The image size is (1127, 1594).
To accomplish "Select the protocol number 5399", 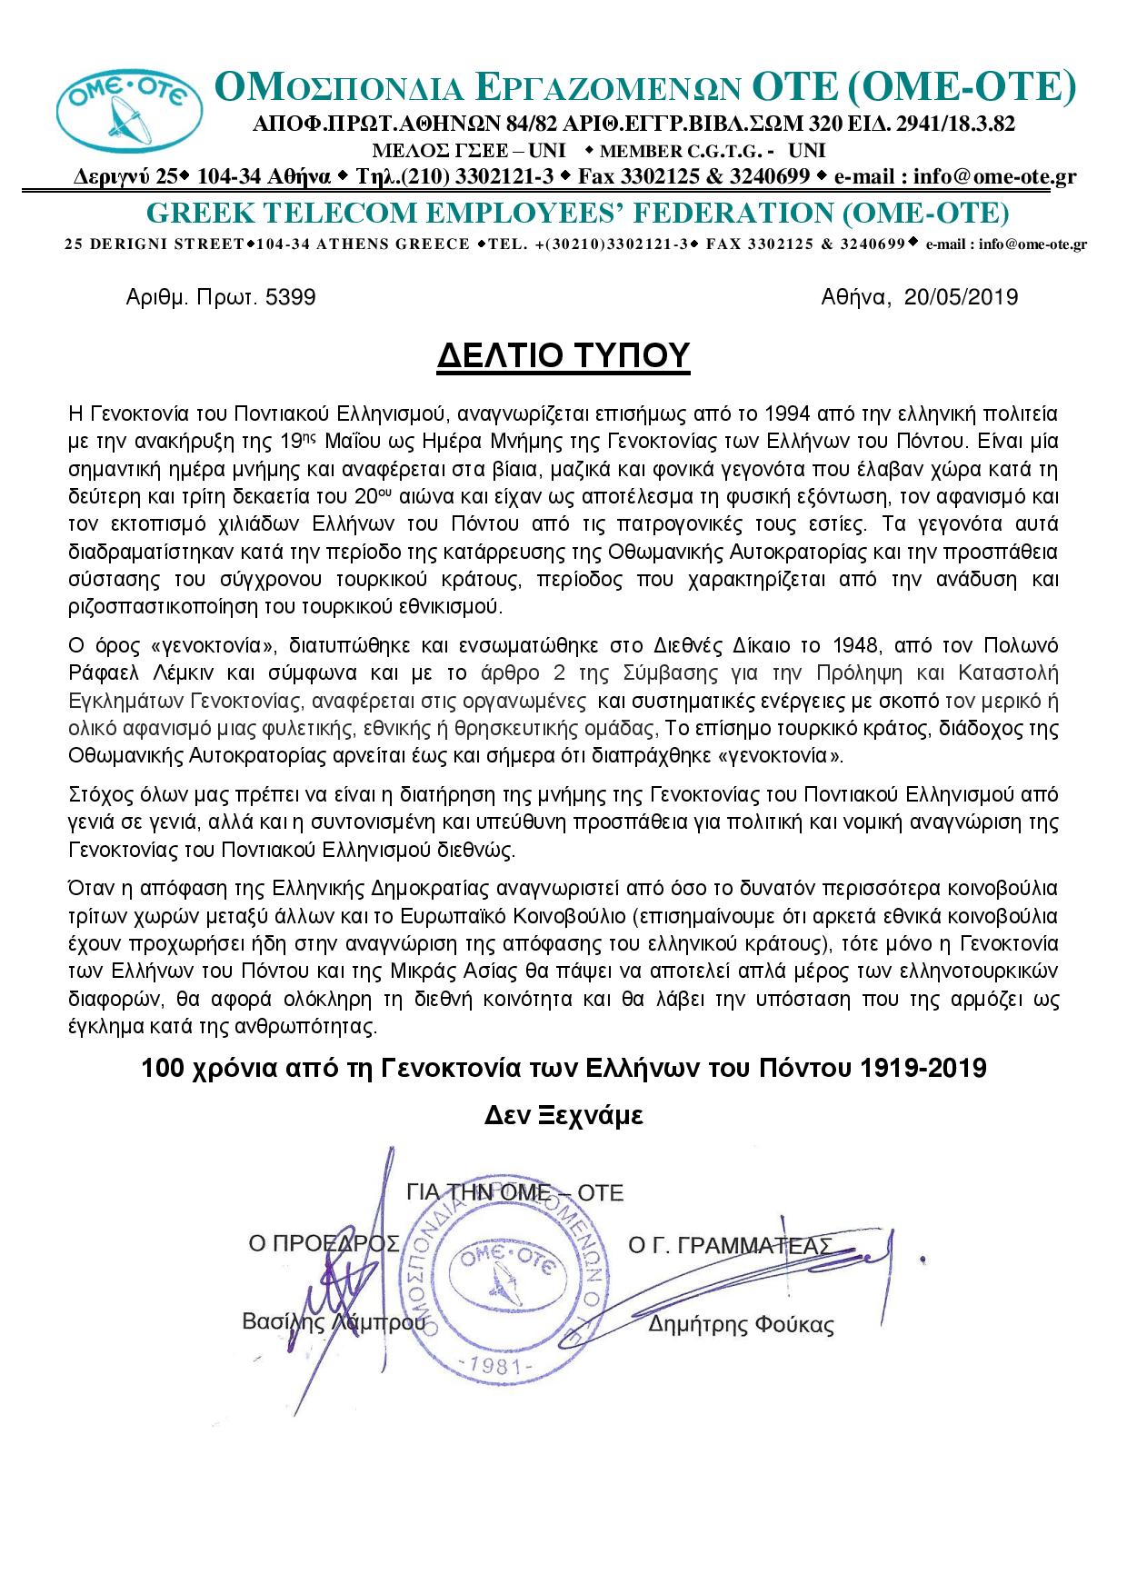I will [x=291, y=297].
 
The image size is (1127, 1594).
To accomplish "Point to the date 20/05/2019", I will [x=962, y=297].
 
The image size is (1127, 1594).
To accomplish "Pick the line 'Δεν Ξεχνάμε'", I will [x=563, y=1116].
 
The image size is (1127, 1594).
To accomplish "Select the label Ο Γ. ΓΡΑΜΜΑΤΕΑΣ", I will [x=730, y=1245].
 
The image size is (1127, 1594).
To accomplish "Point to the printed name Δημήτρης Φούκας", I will [x=741, y=1325].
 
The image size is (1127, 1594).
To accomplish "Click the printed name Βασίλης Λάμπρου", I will [x=334, y=1322].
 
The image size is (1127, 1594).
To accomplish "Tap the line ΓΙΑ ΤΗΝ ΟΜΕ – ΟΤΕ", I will [x=515, y=1192].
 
